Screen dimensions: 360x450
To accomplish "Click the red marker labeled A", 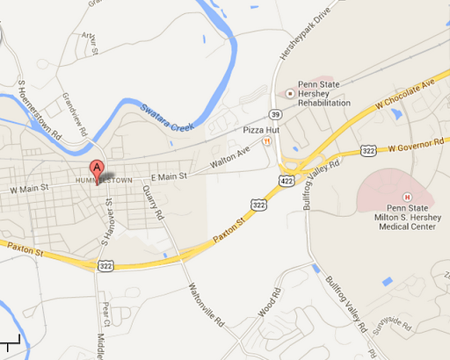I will pyautogui.click(x=98, y=169).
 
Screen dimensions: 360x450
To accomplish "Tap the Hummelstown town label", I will pyautogui.click(x=104, y=180).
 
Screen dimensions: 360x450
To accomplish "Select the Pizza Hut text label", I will pyautogui.click(x=260, y=130).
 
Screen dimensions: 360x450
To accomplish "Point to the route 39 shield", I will pyautogui.click(x=277, y=114).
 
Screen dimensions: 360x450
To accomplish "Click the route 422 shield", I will pyautogui.click(x=287, y=180).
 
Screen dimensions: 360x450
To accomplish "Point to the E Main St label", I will pyautogui.click(x=169, y=176).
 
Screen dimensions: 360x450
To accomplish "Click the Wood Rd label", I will pyautogui.click(x=269, y=307).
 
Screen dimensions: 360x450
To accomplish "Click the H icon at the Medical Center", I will pyautogui.click(x=407, y=196).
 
